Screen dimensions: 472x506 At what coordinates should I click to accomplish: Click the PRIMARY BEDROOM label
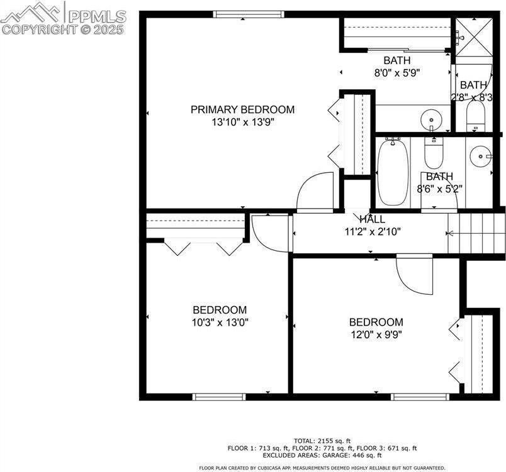(x=242, y=109)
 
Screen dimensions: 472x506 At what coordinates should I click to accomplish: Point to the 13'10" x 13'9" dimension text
(x=242, y=122)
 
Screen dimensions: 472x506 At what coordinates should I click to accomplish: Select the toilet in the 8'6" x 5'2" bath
(x=434, y=151)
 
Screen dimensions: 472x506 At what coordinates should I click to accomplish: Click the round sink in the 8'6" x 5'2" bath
(x=481, y=154)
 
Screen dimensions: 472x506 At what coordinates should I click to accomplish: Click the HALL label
(x=372, y=219)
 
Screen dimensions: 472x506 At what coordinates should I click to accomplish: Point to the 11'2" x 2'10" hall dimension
(x=372, y=231)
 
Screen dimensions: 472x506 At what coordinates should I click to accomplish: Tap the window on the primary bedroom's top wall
(x=238, y=14)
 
